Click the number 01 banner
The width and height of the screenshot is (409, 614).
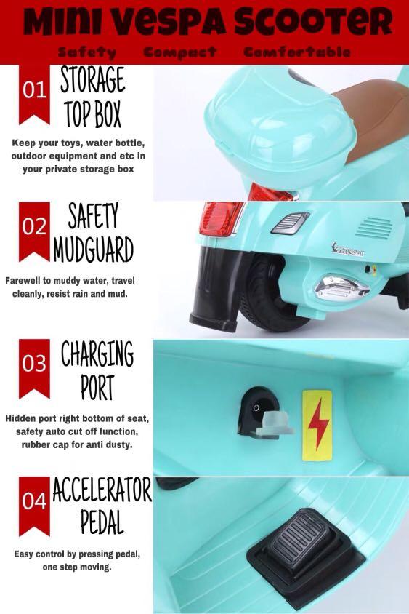(34, 94)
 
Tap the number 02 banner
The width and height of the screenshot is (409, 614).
(34, 231)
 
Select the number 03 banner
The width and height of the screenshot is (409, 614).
(34, 368)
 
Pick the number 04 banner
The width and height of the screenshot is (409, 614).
(34, 506)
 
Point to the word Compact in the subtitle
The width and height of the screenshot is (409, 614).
(180, 52)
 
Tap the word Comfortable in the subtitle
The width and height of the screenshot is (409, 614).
(297, 52)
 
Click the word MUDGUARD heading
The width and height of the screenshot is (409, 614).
(94, 250)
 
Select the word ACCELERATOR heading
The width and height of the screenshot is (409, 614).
(102, 490)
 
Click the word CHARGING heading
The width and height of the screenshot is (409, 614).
(97, 354)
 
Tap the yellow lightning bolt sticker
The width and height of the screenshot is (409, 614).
(317, 426)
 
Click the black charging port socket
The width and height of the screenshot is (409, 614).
(256, 410)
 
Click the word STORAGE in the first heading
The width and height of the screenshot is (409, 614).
(93, 79)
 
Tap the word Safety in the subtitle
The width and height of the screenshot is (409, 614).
(86, 52)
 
